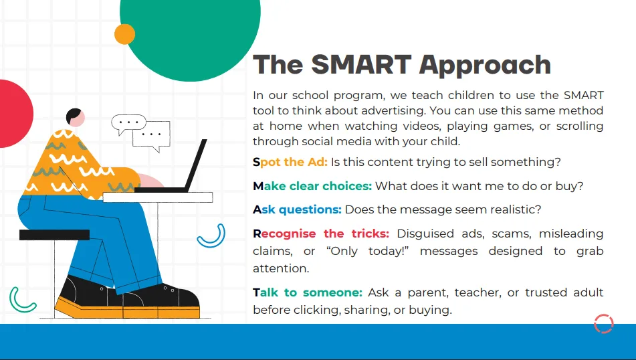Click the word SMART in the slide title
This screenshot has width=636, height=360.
(362, 65)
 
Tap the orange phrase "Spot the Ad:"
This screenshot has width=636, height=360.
(290, 162)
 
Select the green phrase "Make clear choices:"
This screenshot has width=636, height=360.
(312, 186)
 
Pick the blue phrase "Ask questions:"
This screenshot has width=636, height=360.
(297, 209)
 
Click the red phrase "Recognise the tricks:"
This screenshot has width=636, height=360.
(320, 234)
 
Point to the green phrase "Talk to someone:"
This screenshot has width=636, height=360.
(307, 292)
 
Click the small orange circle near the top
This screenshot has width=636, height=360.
(125, 34)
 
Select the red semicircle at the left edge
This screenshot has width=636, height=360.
(13, 114)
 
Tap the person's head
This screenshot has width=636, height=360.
(75, 117)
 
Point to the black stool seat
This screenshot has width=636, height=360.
(54, 235)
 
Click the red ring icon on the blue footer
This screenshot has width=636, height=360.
(603, 323)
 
